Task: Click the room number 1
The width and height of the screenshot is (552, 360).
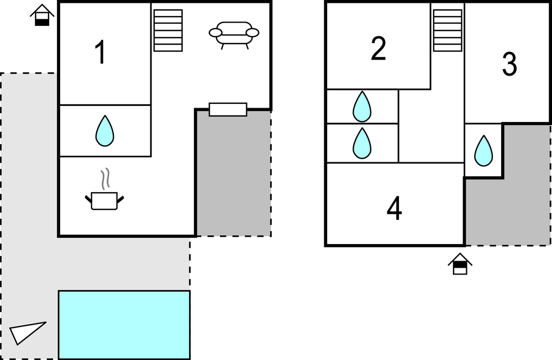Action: (100, 54)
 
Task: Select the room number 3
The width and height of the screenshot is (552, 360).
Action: (509, 65)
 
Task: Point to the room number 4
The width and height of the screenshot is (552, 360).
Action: (394, 209)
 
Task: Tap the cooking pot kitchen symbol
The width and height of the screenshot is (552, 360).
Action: (104, 200)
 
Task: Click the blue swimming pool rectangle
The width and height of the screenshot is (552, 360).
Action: (124, 325)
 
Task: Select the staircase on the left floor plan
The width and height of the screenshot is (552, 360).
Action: (167, 30)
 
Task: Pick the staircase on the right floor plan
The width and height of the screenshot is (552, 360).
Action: (448, 30)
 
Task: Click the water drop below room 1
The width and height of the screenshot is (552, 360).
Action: (104, 131)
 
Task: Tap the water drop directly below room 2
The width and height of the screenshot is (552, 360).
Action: (362, 106)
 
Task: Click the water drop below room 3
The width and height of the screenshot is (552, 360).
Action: (483, 151)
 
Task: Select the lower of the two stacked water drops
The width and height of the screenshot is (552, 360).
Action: (362, 143)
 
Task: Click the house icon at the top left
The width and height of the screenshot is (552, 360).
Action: (42, 15)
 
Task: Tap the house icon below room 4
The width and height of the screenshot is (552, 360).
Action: (460, 264)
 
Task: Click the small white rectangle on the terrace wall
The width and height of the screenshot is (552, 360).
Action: (228, 109)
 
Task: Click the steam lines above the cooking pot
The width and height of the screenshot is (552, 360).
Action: (104, 180)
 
